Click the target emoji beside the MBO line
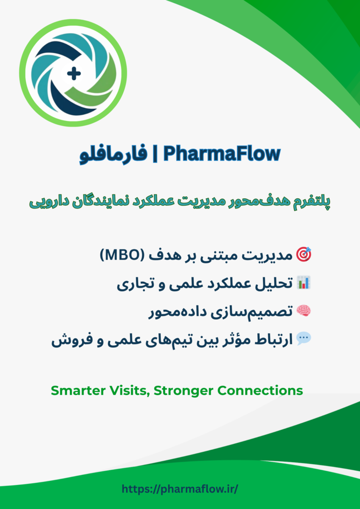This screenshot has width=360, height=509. pos(304,255)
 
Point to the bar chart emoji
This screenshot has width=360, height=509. pos(304,283)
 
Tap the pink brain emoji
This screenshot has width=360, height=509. pos(304,310)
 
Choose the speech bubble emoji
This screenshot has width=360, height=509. pos(304,338)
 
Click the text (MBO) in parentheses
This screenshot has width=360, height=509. pos(120,255)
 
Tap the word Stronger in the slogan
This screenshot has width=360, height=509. pos(183,390)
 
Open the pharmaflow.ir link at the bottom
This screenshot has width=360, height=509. pos(180,489)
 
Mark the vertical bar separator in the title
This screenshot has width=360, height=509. pos(155,154)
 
